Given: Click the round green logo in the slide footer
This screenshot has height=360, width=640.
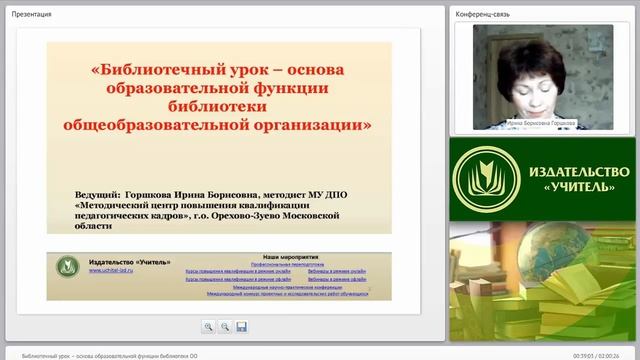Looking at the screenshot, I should click(x=69, y=267).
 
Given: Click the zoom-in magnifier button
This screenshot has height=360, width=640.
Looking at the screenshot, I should click(x=208, y=326).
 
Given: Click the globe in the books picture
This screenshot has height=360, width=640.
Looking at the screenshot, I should click(x=506, y=261).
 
